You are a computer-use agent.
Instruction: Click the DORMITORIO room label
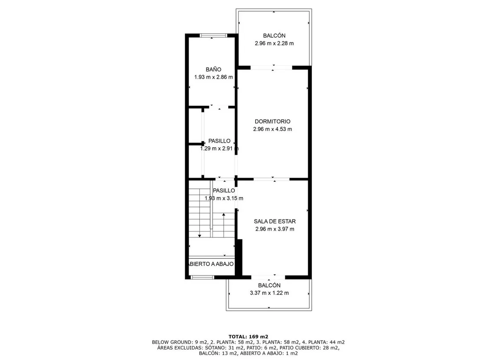click(x=273, y=122)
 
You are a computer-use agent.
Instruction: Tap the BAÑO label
click(x=213, y=69)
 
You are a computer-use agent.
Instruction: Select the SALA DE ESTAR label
click(x=275, y=221)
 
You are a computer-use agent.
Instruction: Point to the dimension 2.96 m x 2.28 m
click(x=274, y=43)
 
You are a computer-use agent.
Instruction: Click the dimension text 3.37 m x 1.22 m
click(x=269, y=293)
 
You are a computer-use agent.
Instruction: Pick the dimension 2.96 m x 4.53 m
click(x=273, y=129)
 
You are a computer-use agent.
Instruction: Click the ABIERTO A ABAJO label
click(x=211, y=264)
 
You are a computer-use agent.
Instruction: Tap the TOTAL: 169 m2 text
click(x=248, y=337)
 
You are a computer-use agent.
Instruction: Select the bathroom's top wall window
click(x=213, y=35)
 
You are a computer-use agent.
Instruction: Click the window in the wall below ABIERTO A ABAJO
click(x=203, y=277)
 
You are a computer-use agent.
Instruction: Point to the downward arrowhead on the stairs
click(x=200, y=236)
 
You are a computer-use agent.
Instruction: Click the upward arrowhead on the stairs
click(x=224, y=214)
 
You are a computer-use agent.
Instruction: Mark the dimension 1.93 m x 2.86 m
click(x=214, y=77)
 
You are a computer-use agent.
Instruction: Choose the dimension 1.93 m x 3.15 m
click(x=224, y=198)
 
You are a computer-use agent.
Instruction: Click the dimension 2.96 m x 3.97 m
click(x=275, y=229)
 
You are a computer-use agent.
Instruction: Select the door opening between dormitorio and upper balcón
click(x=271, y=68)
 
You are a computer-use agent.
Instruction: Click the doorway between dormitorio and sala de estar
click(x=272, y=179)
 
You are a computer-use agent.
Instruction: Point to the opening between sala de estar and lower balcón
click(x=268, y=277)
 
